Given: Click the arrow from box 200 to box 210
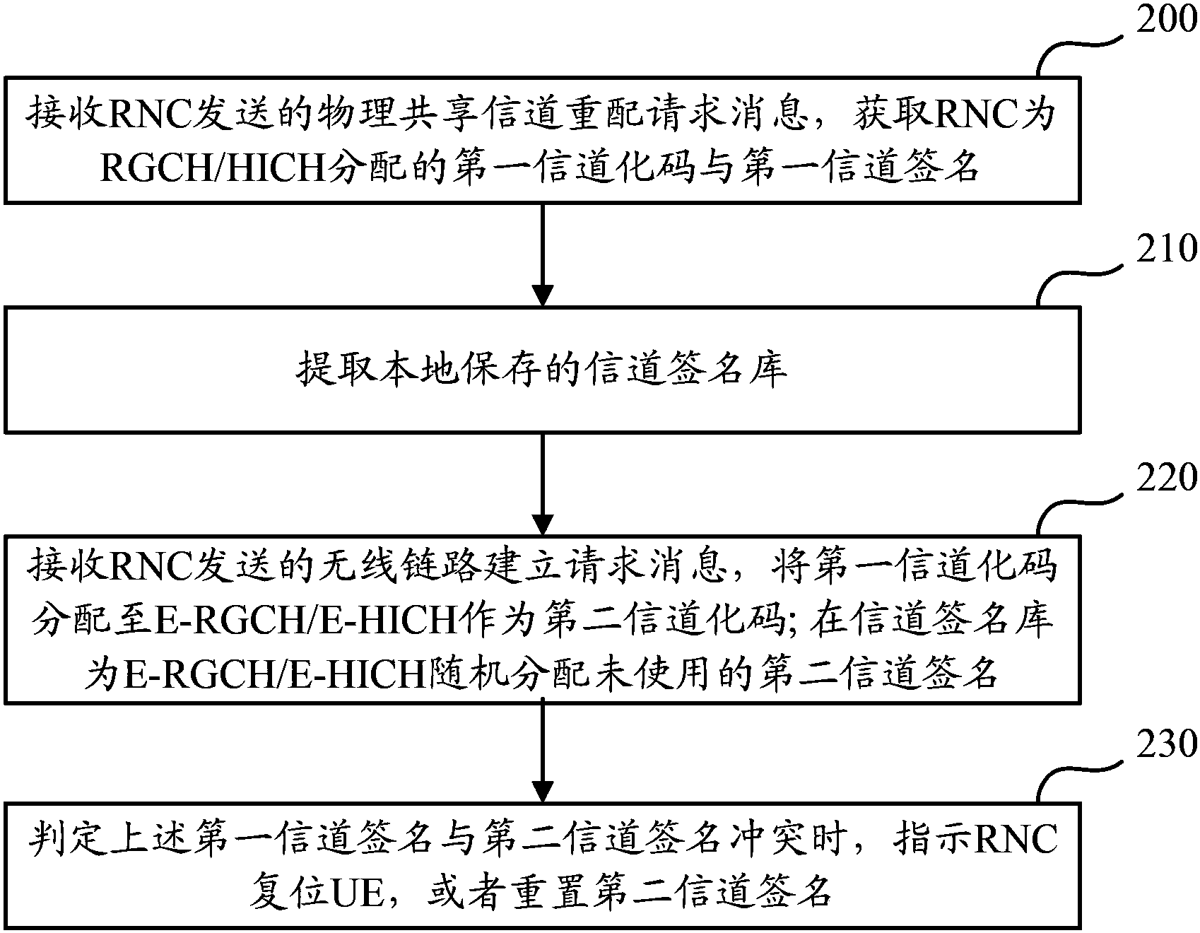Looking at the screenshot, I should point(542,254).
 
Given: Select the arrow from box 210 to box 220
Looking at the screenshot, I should point(542,484).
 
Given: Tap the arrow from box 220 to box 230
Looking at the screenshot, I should point(542,751).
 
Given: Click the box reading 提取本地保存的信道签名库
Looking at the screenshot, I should point(542,368).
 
